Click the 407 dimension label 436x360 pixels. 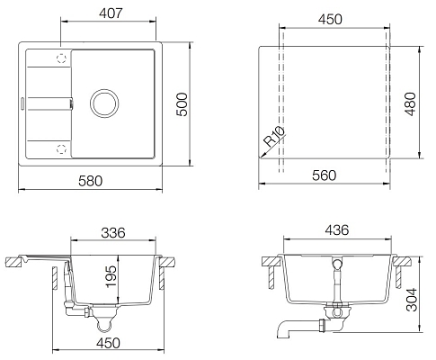tap(111, 13)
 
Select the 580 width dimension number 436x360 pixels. tap(90, 181)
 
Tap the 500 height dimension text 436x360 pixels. tap(182, 104)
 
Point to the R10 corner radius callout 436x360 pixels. tap(274, 137)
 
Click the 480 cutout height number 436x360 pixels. tap(410, 103)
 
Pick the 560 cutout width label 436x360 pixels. tap(324, 175)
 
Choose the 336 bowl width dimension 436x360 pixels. tap(113, 232)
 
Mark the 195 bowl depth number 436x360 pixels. tap(111, 276)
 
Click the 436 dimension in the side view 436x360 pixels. tap(337, 229)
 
